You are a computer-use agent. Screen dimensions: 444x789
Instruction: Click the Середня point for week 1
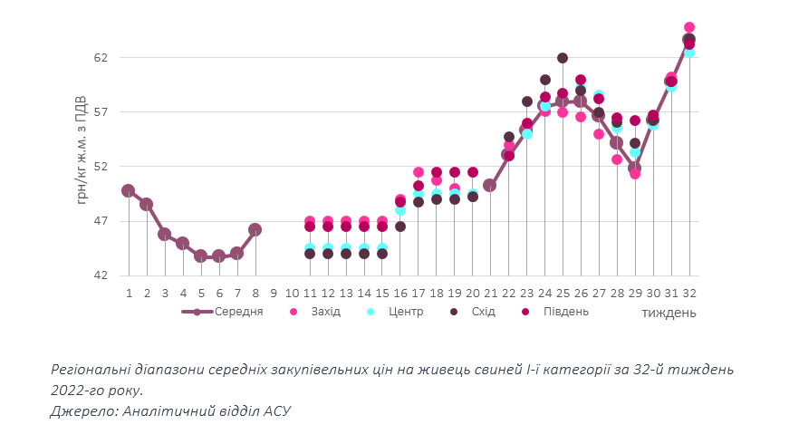pos(129,191)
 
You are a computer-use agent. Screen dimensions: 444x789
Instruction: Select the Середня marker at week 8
pos(255,230)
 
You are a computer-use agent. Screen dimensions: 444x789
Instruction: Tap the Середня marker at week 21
pos(490,186)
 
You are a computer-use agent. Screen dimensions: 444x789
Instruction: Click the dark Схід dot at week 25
pos(563,58)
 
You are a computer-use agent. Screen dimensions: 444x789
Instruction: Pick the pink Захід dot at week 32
pos(689,28)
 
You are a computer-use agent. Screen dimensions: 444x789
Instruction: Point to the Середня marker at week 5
pos(201,256)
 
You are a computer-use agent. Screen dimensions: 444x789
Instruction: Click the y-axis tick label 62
pos(101,58)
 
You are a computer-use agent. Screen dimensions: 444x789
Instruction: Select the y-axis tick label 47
pos(101,221)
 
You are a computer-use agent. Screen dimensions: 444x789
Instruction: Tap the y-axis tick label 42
pos(101,275)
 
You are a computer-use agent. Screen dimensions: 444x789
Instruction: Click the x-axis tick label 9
pos(274,294)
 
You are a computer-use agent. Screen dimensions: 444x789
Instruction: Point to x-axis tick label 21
pos(490,294)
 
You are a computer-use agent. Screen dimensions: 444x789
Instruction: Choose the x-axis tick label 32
pos(689,294)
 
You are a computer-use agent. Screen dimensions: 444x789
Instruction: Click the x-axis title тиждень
pos(669,314)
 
